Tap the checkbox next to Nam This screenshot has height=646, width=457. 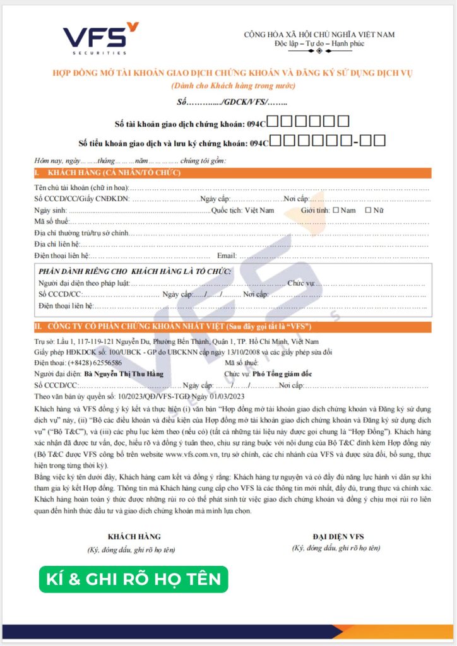click(335, 210)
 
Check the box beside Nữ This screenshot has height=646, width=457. click(368, 210)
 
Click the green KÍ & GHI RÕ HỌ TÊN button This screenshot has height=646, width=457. click(133, 578)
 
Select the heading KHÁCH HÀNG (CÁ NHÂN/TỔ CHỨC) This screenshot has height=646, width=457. click(113, 173)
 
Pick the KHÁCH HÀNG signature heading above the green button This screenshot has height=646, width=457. click(134, 536)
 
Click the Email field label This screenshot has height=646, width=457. click(227, 255)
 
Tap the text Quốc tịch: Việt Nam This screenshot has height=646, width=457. click(243, 210)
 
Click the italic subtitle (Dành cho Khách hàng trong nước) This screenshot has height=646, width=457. click(233, 86)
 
